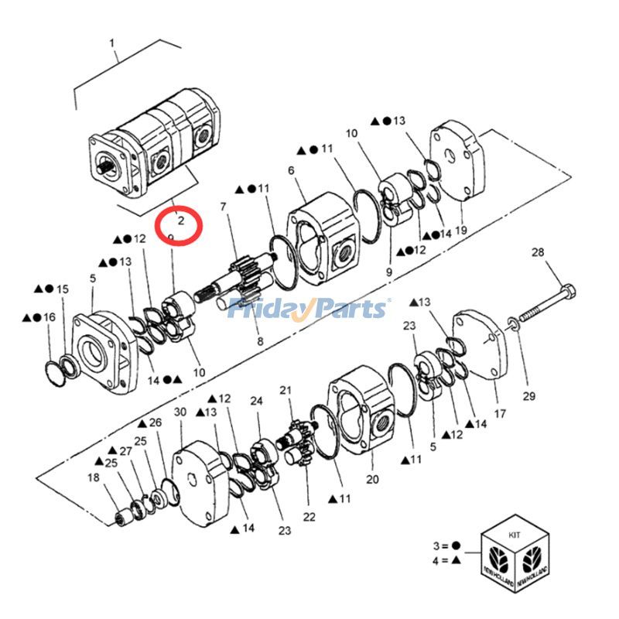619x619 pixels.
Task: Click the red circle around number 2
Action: tap(180, 222)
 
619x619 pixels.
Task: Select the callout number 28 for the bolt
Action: tap(538, 253)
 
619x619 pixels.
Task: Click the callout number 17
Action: tap(500, 414)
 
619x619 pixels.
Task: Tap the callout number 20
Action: tap(372, 480)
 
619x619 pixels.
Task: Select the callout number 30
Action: tap(180, 412)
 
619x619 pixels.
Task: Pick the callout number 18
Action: tap(94, 478)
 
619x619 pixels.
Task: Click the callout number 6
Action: tap(292, 170)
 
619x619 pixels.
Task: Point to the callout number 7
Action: tap(224, 207)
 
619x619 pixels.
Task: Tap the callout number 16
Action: tap(49, 317)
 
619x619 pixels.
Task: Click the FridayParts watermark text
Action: tap(309, 309)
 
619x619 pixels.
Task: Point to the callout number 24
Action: tap(256, 401)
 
